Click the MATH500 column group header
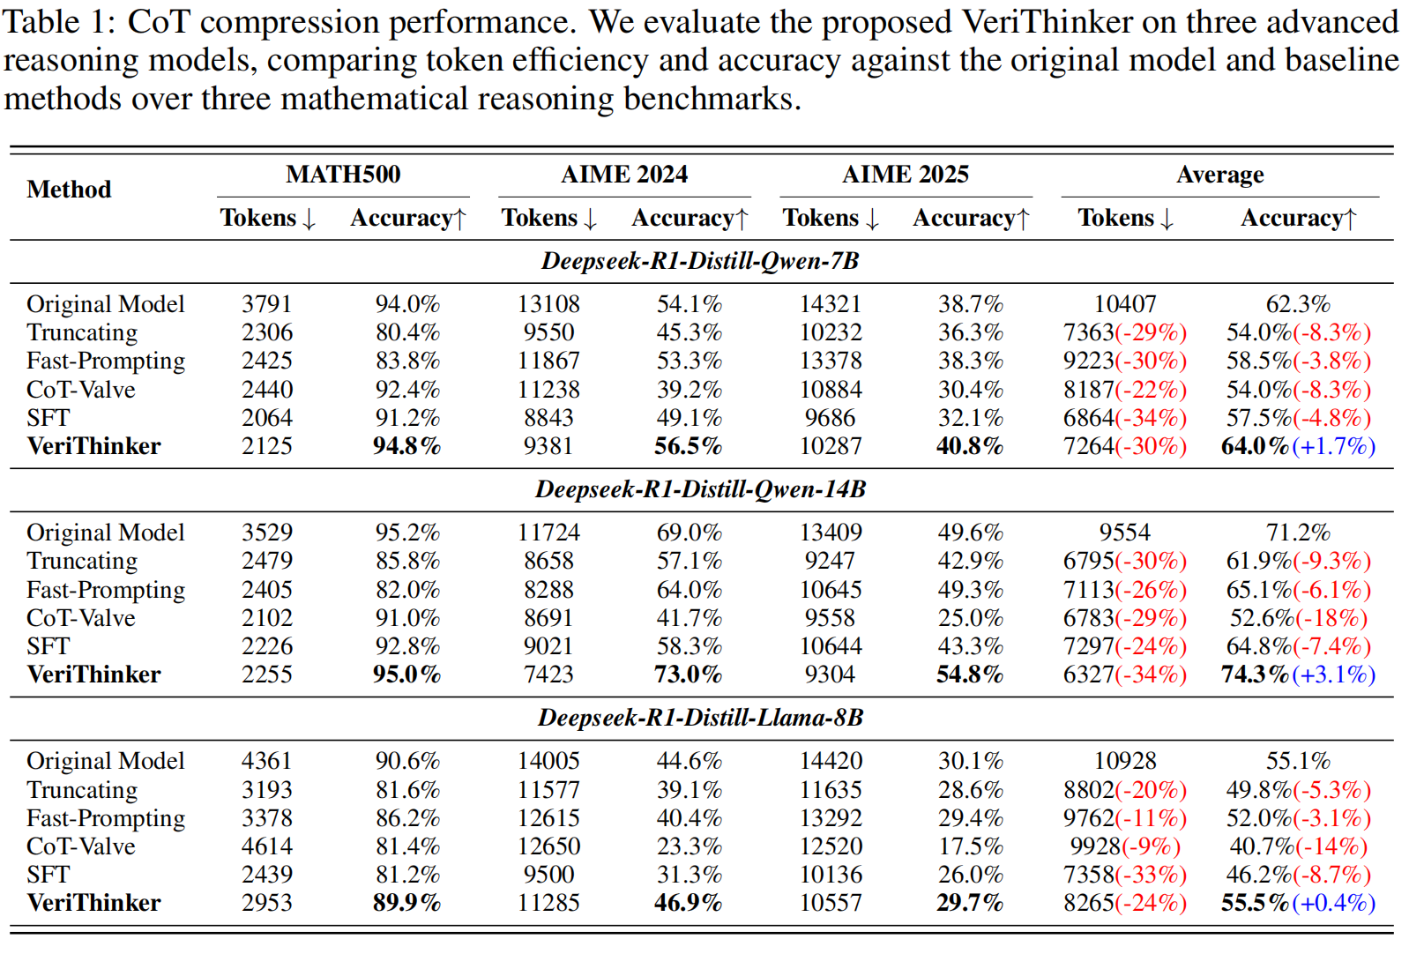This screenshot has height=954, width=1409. click(x=343, y=175)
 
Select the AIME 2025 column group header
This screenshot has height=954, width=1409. click(x=906, y=175)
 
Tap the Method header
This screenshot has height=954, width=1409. click(x=69, y=190)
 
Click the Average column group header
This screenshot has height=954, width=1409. click(x=1219, y=175)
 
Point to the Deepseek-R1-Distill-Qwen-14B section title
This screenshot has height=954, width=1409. click(x=701, y=489)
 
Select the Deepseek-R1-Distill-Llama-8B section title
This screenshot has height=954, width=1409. click(x=701, y=718)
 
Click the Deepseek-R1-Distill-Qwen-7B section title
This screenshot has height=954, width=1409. click(x=701, y=261)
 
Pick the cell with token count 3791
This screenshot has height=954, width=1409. click(x=266, y=304)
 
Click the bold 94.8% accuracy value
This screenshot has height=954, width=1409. click(x=407, y=446)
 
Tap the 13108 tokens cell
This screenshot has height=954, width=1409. click(x=548, y=304)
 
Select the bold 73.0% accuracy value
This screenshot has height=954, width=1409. click(x=688, y=675)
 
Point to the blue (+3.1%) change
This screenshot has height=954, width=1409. click(x=1333, y=675)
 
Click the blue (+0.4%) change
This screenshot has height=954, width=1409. click(x=1333, y=903)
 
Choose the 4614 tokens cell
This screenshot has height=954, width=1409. click(x=266, y=846)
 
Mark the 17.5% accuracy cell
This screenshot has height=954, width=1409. click(x=970, y=846)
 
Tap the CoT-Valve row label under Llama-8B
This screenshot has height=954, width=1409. click(x=80, y=846)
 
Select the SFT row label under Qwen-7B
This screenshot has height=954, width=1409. click(x=48, y=418)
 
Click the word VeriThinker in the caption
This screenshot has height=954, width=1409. click(x=1047, y=23)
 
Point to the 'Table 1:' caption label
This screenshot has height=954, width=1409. click(x=59, y=23)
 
